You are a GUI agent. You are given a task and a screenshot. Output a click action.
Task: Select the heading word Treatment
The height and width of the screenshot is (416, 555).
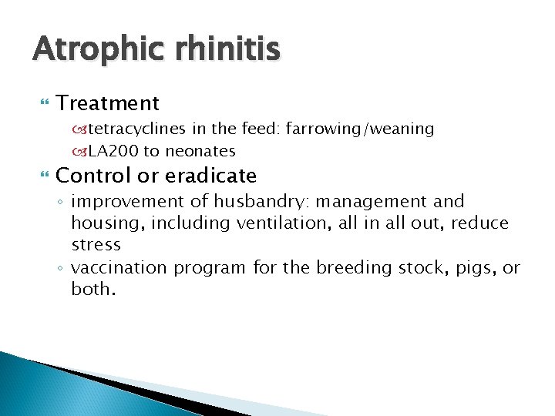coord(108,103)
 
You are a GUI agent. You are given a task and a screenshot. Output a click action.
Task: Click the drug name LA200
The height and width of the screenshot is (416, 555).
coord(113,150)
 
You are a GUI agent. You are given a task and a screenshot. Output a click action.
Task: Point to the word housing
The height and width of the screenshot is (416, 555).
coord(101,223)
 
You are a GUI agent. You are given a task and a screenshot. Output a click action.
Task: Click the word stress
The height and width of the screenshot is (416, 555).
coord(96,245)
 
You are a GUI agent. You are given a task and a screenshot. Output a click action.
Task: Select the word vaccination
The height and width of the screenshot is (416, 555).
coord(119,267)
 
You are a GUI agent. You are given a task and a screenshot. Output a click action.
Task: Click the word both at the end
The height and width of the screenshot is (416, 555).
coord(93,289)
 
